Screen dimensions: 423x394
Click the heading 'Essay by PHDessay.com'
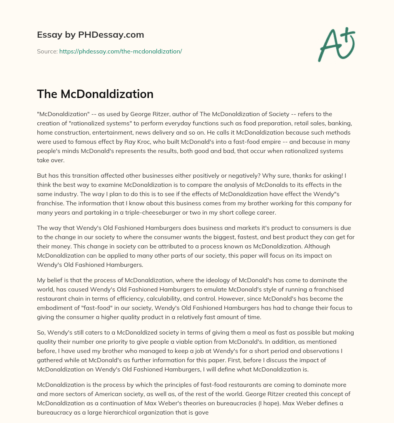click(90, 35)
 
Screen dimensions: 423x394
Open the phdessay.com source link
click(120, 51)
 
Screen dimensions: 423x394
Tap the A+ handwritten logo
click(336, 44)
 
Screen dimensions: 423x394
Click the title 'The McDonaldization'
click(95, 94)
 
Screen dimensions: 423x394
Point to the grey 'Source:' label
click(47, 51)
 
